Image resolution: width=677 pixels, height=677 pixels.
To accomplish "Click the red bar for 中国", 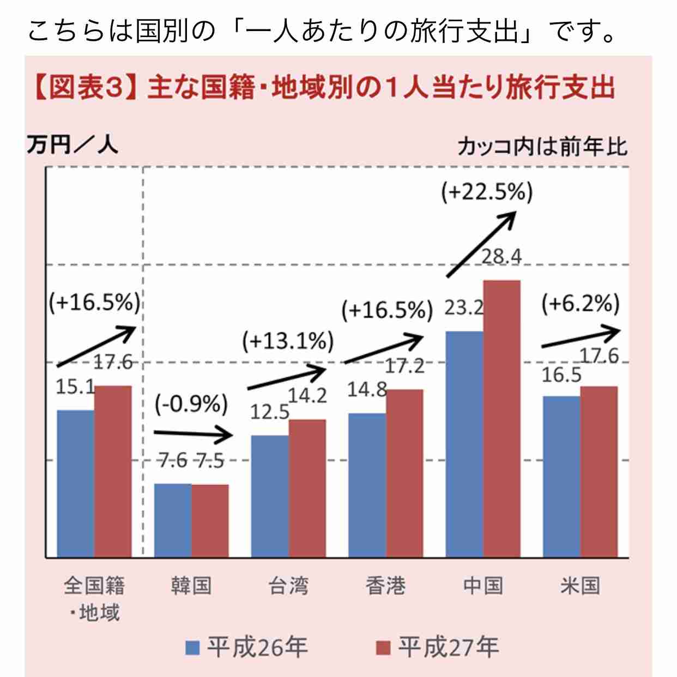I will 502,419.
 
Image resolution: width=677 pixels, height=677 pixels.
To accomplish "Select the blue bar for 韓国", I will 173,520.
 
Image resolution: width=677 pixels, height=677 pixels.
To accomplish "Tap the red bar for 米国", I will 599,472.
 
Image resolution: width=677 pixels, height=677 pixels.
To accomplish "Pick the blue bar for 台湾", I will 270,496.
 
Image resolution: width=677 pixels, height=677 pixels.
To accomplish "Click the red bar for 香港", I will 404,473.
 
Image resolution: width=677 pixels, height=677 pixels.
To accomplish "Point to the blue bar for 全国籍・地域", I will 76,483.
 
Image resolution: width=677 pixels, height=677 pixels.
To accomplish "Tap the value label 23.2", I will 464,308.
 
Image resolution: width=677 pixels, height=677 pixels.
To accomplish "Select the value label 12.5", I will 269,412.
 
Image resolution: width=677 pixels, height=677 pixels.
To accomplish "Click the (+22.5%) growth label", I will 487,192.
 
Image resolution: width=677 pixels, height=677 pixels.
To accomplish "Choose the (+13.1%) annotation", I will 288,342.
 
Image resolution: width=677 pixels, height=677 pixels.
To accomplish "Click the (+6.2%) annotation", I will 581,304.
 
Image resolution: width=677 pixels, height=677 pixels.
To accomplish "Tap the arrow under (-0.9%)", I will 193,434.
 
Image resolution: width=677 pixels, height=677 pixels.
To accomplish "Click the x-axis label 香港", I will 385,586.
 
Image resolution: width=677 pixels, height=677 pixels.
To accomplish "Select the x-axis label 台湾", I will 288,586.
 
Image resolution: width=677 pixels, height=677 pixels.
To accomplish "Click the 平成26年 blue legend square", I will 192,648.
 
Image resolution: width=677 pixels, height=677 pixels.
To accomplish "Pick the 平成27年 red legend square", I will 383,648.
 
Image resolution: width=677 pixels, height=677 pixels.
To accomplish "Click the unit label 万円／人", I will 72,145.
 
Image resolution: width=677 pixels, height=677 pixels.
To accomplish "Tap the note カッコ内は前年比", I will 542,146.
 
